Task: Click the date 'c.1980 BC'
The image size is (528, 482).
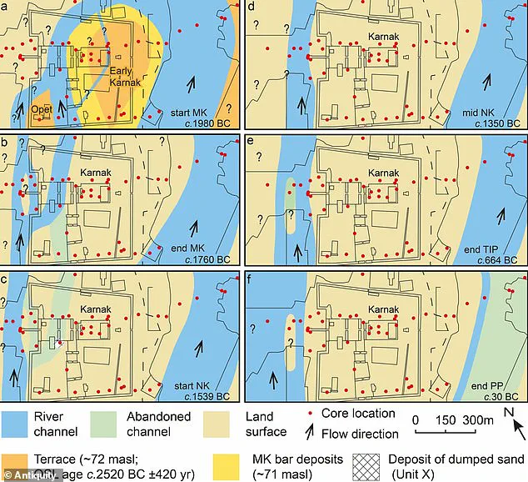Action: click(202, 124)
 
